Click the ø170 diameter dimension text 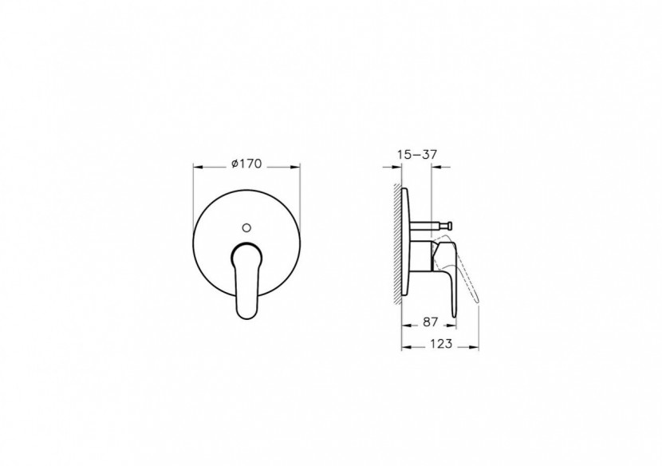point(246,163)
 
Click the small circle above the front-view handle point(247,227)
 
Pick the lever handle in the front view point(246,279)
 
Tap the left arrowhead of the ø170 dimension point(197,167)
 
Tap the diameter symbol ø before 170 point(234,163)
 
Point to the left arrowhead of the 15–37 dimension point(398,168)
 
